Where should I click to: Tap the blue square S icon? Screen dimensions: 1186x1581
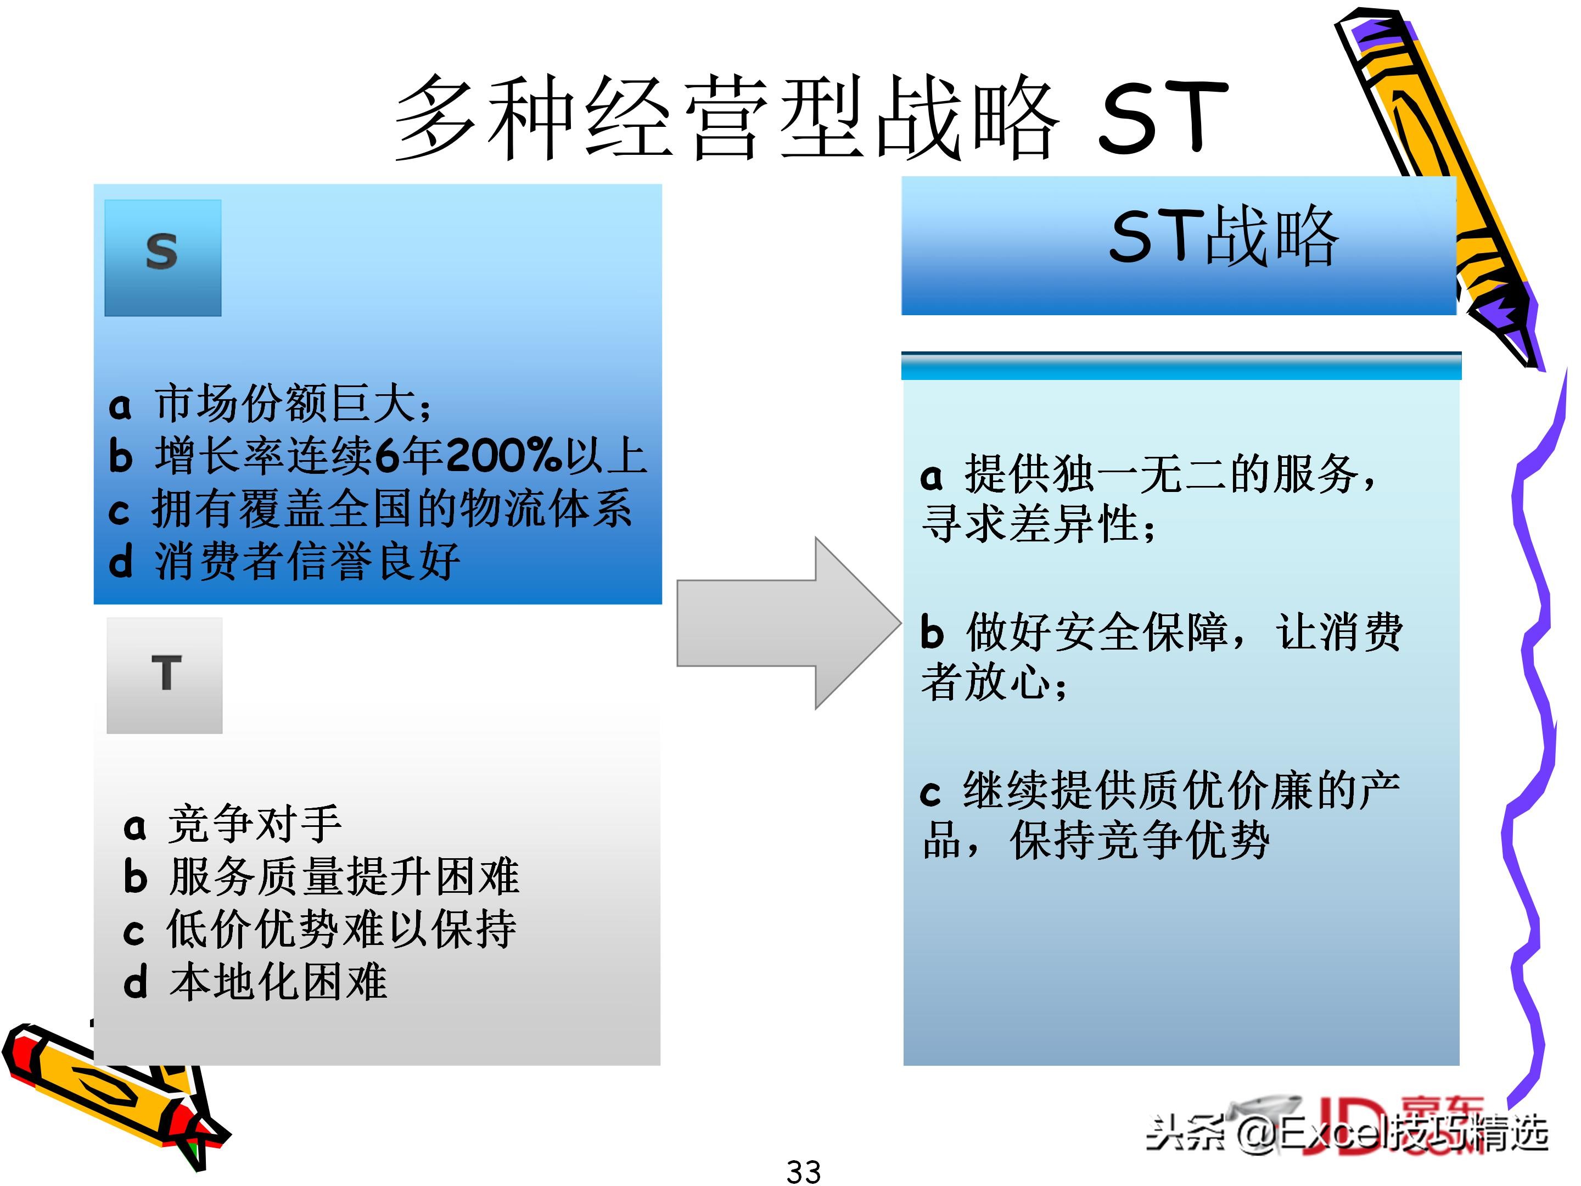[x=163, y=258]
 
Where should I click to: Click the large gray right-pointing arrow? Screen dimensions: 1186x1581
[x=786, y=623]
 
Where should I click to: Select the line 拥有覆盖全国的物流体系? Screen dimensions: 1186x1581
[x=391, y=509]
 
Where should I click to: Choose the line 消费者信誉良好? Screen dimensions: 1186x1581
[x=307, y=562]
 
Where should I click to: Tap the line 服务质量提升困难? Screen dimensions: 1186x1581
[x=344, y=877]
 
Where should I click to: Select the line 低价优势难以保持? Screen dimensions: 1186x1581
[x=341, y=930]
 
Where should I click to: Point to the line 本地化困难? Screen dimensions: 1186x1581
[x=279, y=982]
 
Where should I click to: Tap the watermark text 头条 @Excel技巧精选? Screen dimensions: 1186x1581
[x=1347, y=1134]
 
